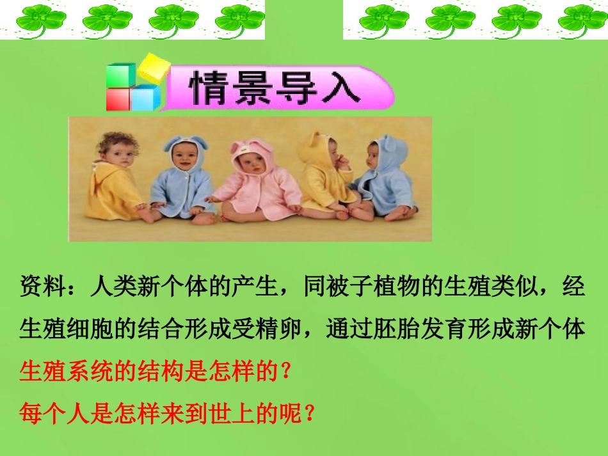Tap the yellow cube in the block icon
(154, 68)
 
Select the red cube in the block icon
(119, 100)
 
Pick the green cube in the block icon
(120, 75)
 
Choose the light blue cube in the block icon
(147, 98)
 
